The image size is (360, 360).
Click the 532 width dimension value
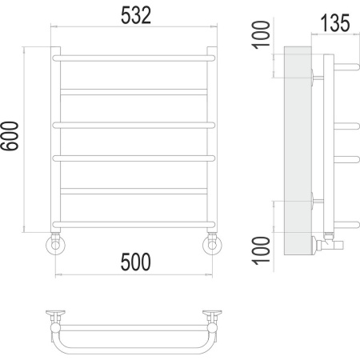click(136, 15)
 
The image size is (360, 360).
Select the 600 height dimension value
click(10, 136)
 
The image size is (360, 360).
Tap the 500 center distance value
click(136, 262)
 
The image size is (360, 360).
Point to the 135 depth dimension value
click(335, 23)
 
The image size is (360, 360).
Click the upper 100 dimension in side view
click(261, 35)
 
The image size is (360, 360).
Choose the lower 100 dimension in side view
click(261, 250)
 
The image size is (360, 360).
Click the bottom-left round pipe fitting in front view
click(55, 245)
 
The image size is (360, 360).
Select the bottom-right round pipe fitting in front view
click(212, 245)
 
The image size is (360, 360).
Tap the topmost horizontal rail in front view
click(134, 58)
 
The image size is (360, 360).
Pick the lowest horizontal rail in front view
click(134, 225)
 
